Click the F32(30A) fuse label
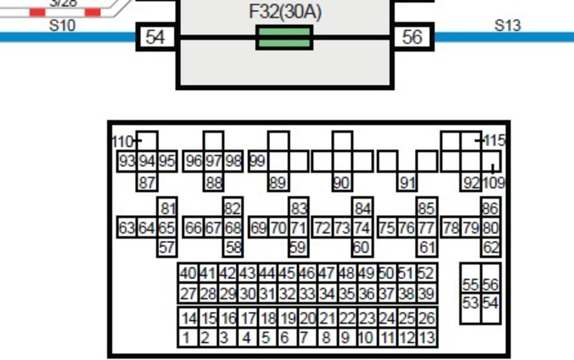click(285, 12)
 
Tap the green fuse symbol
click(284, 38)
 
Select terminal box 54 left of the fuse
click(155, 37)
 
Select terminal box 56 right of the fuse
click(412, 37)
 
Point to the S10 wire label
click(62, 25)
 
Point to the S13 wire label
click(507, 25)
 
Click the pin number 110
click(123, 141)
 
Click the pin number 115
click(494, 141)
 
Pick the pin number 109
click(493, 183)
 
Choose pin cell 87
click(147, 183)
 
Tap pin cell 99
click(257, 161)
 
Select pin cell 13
click(427, 338)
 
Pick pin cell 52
click(426, 274)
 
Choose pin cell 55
click(471, 284)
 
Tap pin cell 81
click(168, 209)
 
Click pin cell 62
click(491, 247)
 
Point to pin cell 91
click(408, 183)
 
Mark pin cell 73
click(342, 228)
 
